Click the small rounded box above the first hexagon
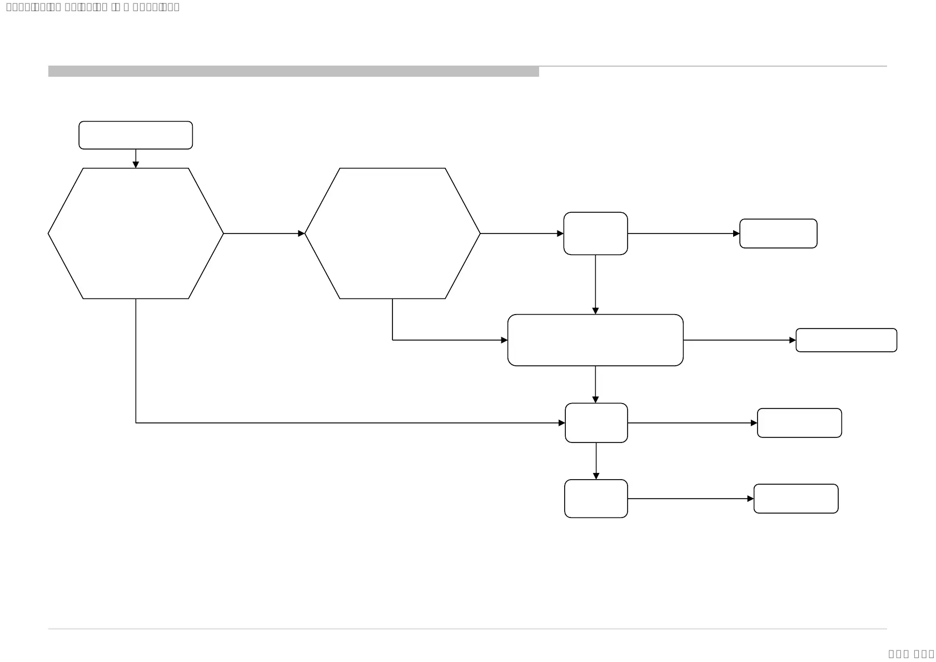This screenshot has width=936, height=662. click(136, 135)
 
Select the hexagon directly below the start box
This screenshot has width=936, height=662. click(136, 233)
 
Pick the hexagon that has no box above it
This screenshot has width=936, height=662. click(392, 233)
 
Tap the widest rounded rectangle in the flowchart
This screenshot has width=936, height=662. click(595, 340)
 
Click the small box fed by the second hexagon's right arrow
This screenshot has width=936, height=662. click(595, 233)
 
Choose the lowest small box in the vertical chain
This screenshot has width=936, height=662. click(596, 499)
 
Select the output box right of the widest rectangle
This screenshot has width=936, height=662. click(846, 340)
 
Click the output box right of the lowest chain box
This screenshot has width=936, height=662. click(795, 499)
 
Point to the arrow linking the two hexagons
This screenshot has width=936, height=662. click(264, 233)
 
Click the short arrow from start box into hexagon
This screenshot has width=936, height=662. click(136, 158)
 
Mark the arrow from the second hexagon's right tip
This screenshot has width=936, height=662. click(521, 233)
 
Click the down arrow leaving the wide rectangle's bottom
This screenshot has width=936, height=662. click(595, 384)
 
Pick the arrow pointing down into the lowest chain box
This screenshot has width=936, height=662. click(596, 461)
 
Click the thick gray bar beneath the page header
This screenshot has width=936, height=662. click(293, 71)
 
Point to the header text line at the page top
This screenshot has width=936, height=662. click(93, 7)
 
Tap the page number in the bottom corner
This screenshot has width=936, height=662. click(911, 654)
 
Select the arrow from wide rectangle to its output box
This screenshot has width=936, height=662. click(739, 340)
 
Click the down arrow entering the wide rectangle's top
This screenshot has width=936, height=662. click(595, 284)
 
